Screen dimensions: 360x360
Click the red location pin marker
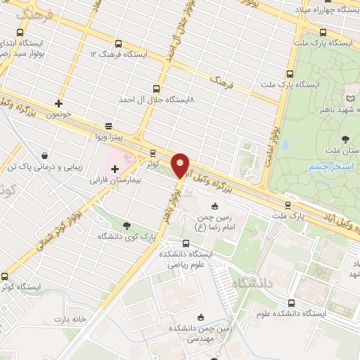click(x=181, y=166)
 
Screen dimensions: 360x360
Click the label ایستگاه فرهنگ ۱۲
click(x=120, y=53)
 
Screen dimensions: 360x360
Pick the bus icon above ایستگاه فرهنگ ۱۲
click(x=117, y=42)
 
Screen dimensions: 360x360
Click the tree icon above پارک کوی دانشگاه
click(x=127, y=226)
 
